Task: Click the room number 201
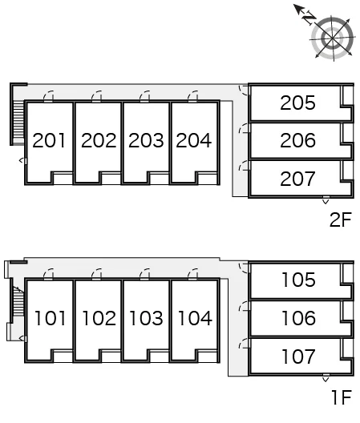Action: pos(49,140)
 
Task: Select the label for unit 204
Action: pos(194,140)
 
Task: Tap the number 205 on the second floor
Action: pos(297,103)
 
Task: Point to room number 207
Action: pos(297,179)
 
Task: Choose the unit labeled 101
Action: pos(51,318)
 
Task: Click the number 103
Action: pos(146,318)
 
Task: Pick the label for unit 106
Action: pos(299,318)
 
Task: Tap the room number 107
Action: pos(299,357)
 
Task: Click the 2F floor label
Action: pos(341,220)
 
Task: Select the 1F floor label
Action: pos(342,397)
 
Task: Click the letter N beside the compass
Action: pos(309,18)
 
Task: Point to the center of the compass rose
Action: pos(332,38)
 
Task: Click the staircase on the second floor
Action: pos(18,123)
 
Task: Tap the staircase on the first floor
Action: pos(18,300)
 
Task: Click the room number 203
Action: pos(146,140)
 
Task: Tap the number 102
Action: pos(99,318)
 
